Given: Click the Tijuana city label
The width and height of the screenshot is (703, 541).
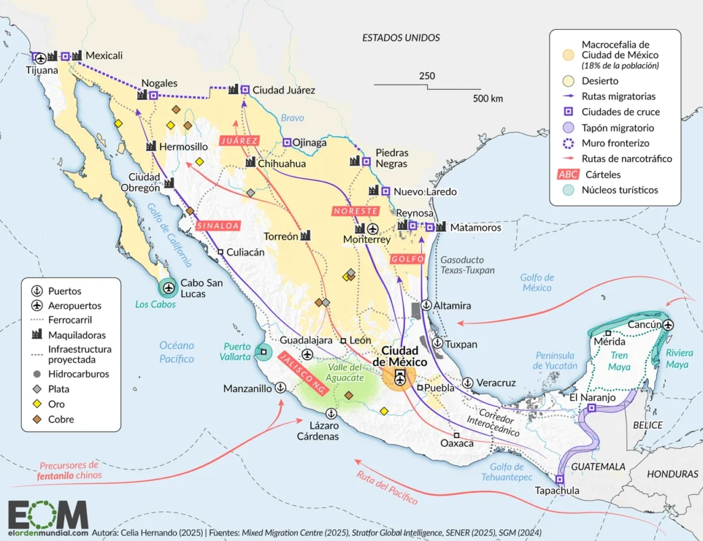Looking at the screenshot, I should pyautogui.click(x=42, y=70).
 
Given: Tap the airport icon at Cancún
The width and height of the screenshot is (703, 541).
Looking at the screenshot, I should pyautogui.click(x=669, y=325).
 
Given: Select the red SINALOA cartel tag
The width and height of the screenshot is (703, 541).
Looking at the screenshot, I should pyautogui.click(x=218, y=226).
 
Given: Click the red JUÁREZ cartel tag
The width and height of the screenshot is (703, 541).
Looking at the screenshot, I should pyautogui.click(x=239, y=141).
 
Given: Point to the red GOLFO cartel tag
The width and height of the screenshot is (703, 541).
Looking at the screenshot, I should pyautogui.click(x=408, y=259).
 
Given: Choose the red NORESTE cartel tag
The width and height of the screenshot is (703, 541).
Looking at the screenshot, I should pyautogui.click(x=355, y=211).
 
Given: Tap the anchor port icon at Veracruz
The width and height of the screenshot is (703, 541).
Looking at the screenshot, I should pyautogui.click(x=467, y=383).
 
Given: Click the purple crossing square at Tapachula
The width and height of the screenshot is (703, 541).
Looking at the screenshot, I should pyautogui.click(x=559, y=479).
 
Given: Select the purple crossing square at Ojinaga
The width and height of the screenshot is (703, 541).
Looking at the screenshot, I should pyautogui.click(x=287, y=143).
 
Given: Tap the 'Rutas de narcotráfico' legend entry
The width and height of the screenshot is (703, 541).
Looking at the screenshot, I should pyautogui.click(x=627, y=159).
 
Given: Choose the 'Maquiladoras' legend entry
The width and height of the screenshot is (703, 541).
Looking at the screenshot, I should pyautogui.click(x=76, y=335).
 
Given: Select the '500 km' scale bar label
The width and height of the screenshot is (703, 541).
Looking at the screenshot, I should pyautogui.click(x=487, y=99).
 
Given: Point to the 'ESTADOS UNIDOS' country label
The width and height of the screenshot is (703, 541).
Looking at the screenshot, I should pyautogui.click(x=400, y=38).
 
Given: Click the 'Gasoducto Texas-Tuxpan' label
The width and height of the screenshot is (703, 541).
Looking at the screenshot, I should pyautogui.click(x=467, y=265).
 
